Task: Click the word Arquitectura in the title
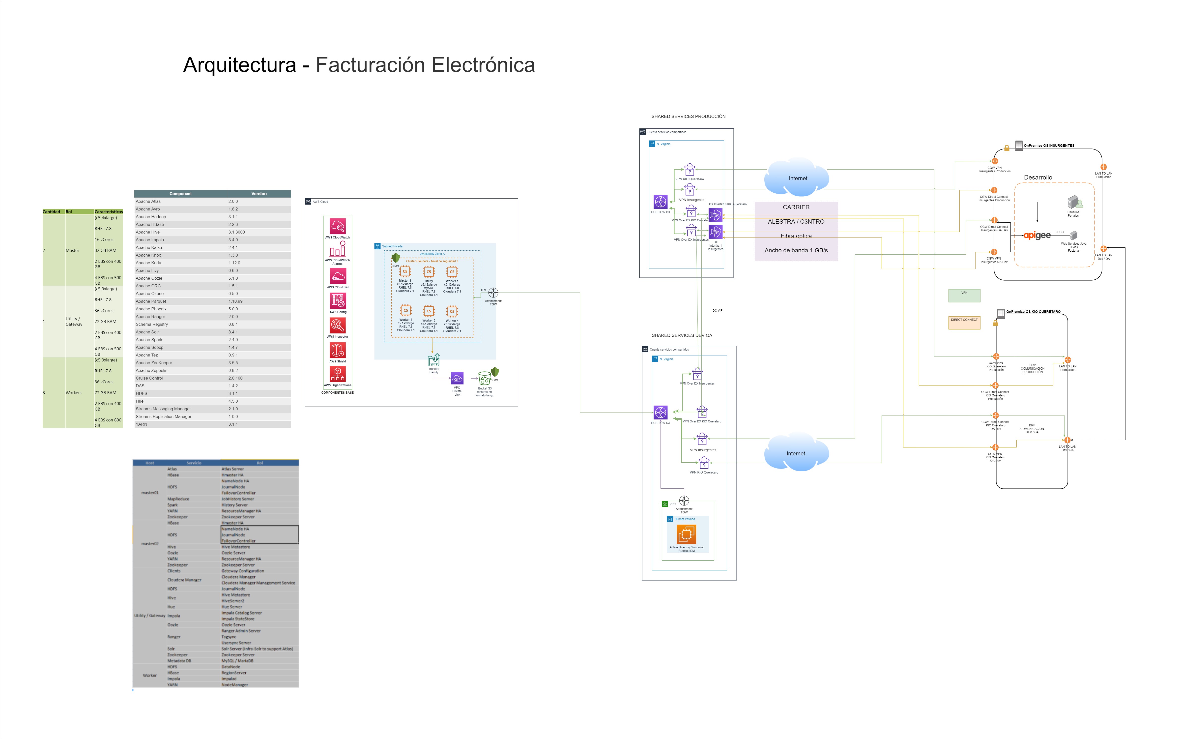239,65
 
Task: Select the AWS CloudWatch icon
338,226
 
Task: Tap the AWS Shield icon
338,351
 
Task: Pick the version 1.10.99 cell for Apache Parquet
235,301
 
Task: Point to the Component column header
180,194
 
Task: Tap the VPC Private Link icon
457,378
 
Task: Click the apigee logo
1037,236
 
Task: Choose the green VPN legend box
964,295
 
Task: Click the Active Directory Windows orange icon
686,534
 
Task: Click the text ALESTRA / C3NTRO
796,221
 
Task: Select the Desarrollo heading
1038,177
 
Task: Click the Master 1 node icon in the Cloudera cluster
405,272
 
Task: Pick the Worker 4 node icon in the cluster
452,311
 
